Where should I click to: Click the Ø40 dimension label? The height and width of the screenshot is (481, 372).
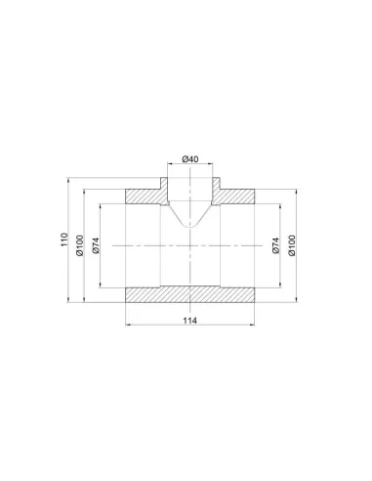tap(190, 159)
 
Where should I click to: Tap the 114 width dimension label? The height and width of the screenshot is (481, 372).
tap(189, 321)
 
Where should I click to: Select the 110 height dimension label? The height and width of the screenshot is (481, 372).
tap(64, 240)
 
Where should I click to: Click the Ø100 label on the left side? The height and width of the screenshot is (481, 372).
tap(80, 245)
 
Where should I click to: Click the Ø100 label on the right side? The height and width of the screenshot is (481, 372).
tap(292, 245)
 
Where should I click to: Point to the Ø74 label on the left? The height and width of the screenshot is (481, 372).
tap(96, 245)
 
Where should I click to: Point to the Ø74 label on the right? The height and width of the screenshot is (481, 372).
tap(275, 245)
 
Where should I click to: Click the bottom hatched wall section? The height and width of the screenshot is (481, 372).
tap(189, 294)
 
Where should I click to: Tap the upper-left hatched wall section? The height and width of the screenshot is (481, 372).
tap(147, 195)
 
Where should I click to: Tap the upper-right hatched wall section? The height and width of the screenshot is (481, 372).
tap(232, 195)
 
